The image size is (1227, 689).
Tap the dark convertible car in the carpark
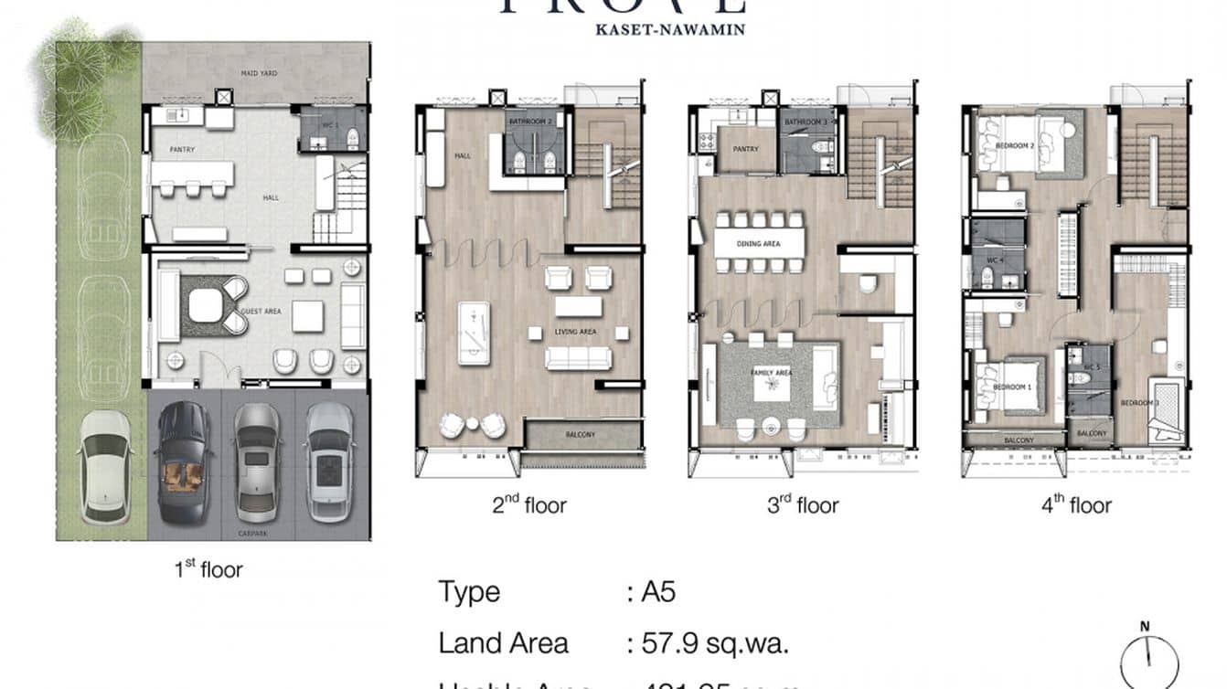click(x=185, y=461)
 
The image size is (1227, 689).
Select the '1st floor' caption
click(x=208, y=570)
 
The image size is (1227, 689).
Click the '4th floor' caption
click(x=1076, y=505)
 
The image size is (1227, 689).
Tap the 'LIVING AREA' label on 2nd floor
click(x=575, y=332)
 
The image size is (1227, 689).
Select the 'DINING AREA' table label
click(x=760, y=242)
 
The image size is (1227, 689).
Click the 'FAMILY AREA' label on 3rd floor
click(x=771, y=374)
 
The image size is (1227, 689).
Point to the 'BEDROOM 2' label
click(x=1014, y=145)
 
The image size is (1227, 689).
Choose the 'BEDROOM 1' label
click(x=1012, y=387)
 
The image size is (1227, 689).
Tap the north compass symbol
click(x=1148, y=658)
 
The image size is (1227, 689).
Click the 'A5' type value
click(x=657, y=592)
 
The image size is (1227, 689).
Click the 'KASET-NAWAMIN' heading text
click(x=670, y=29)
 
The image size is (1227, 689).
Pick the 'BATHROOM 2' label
click(x=530, y=122)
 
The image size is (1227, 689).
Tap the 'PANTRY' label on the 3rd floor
click(x=746, y=148)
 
